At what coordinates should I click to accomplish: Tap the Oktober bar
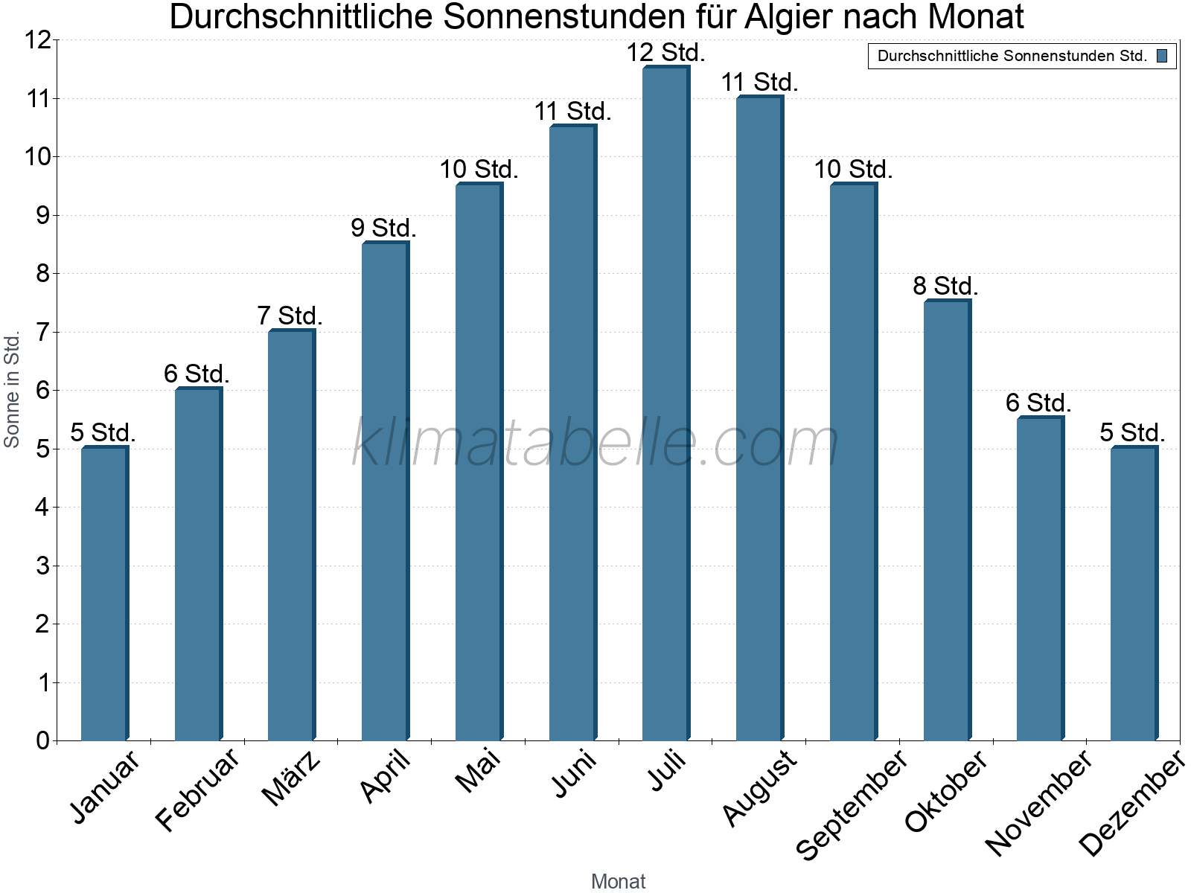(947, 521)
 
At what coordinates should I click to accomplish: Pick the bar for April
(385, 491)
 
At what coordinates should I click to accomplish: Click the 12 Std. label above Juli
(665, 53)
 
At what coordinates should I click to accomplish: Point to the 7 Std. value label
(290, 316)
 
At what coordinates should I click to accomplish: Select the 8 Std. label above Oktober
(945, 286)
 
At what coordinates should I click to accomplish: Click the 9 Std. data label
(383, 228)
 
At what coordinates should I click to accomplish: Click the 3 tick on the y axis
(42, 566)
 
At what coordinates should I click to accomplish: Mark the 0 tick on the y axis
(42, 740)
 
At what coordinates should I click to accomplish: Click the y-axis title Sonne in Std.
(12, 389)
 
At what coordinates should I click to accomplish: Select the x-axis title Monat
(618, 881)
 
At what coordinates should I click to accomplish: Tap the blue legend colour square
(1162, 56)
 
